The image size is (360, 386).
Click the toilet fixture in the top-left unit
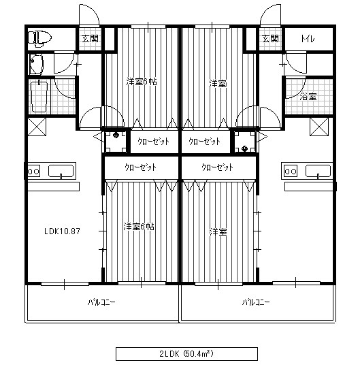point(39,38)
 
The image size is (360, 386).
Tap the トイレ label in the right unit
point(308,39)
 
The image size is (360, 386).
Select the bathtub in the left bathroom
point(39,97)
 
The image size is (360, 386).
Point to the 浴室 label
point(308,97)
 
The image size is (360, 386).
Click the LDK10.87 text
point(62,231)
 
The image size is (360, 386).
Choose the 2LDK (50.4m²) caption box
point(186,354)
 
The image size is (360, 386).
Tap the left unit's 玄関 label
point(90,38)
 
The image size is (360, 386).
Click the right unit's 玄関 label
point(270,38)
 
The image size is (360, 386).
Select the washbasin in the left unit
point(36,64)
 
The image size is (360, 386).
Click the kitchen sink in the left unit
point(61,171)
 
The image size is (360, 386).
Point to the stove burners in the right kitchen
point(291,171)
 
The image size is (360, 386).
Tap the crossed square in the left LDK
point(37,127)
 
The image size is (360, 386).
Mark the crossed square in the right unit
point(319,127)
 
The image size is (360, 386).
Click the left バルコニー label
point(101,302)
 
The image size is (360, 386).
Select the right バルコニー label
point(256,302)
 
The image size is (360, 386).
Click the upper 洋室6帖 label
point(142,82)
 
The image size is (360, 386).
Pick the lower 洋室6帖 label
point(139,227)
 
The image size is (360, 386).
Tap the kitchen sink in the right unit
point(318,171)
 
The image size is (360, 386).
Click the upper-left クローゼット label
point(154,142)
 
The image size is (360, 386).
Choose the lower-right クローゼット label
point(217,167)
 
